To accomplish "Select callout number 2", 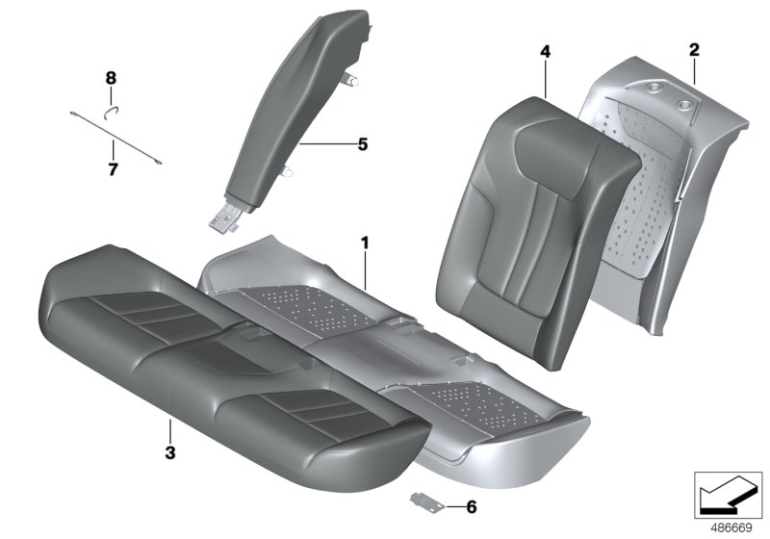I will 694,49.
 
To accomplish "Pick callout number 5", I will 362,144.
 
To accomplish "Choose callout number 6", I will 471,505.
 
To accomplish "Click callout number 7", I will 112,170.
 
